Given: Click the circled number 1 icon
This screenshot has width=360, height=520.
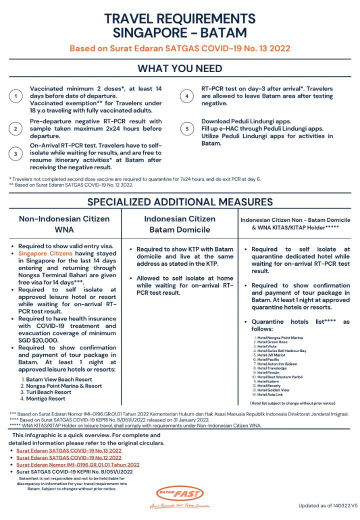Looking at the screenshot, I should tap(16, 96).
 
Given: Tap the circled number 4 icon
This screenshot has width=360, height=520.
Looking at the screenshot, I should tap(187, 96).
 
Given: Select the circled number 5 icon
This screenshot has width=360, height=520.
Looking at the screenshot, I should tap(187, 129).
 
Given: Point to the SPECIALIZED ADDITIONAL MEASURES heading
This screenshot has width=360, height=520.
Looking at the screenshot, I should tap(180, 202).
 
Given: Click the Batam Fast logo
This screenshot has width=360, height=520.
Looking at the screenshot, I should tap(180, 494).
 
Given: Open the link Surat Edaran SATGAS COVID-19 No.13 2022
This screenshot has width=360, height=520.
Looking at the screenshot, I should tap(68, 450).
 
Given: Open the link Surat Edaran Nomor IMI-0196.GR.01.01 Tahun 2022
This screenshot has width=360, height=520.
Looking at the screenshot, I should tap(77, 464).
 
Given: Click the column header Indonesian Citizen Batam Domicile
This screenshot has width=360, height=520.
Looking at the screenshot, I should tap(179, 224).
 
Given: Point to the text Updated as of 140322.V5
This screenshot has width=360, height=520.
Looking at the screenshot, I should tap(328, 505).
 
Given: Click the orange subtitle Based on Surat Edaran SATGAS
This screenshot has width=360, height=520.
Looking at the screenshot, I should tap(180, 49).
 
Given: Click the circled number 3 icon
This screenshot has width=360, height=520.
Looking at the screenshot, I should tap(16, 153).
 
